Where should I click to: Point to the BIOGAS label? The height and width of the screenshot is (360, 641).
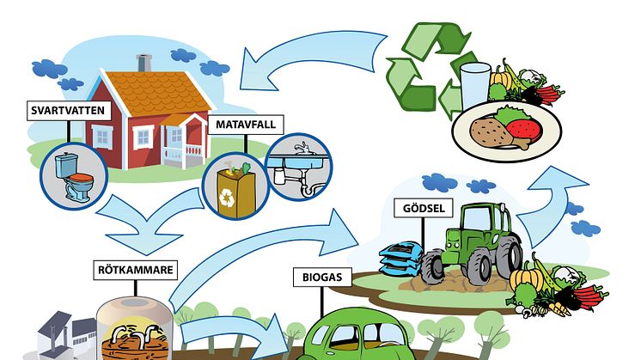pyautogui.click(x=321, y=278)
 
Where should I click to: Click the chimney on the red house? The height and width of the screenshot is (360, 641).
pyautogui.click(x=143, y=64)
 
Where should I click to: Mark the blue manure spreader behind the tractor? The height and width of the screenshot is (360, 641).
pyautogui.click(x=404, y=258)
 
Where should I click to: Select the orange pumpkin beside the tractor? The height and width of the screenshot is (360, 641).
pyautogui.click(x=525, y=280)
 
